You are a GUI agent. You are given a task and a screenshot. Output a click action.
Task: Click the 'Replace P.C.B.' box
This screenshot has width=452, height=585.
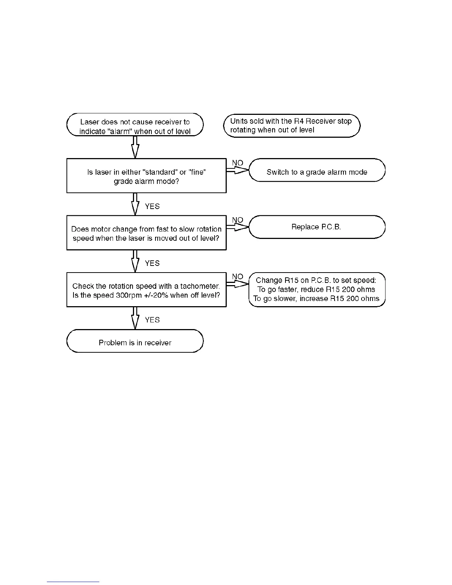pyautogui.click(x=317, y=227)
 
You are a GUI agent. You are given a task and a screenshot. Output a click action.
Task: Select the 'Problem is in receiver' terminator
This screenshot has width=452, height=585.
pyautogui.click(x=135, y=342)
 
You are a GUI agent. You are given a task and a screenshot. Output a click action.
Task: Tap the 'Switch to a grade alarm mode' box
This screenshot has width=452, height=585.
pyautogui.click(x=317, y=172)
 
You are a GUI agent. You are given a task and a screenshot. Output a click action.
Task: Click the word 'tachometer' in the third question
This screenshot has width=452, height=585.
pyautogui.click(x=199, y=286)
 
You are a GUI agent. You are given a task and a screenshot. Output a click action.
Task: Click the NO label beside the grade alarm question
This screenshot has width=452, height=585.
pyautogui.click(x=237, y=163)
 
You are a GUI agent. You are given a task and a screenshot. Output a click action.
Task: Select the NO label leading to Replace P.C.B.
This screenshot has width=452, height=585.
pyautogui.click(x=237, y=220)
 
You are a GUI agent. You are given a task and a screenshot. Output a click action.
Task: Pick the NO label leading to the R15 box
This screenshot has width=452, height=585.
pyautogui.click(x=237, y=277)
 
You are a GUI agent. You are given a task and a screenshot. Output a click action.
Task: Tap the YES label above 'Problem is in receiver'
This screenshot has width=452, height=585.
pyautogui.click(x=152, y=320)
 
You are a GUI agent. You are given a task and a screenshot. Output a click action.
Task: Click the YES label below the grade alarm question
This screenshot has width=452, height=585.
pyautogui.click(x=152, y=206)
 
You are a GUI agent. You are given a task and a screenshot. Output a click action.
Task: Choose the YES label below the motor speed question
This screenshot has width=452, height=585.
pyautogui.click(x=152, y=263)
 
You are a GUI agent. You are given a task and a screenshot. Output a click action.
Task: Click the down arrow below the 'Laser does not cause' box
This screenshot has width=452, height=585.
pyautogui.click(x=135, y=147)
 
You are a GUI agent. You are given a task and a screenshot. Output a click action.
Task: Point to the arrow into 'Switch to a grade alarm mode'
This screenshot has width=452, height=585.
pyautogui.click(x=237, y=170)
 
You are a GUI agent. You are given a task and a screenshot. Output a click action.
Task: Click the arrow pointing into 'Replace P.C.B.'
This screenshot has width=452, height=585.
pyautogui.click(x=237, y=227)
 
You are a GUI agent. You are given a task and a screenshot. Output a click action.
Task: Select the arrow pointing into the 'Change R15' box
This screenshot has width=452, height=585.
pyautogui.click(x=237, y=284)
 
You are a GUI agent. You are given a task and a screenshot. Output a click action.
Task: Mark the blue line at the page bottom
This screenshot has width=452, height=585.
pyautogui.click(x=73, y=582)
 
